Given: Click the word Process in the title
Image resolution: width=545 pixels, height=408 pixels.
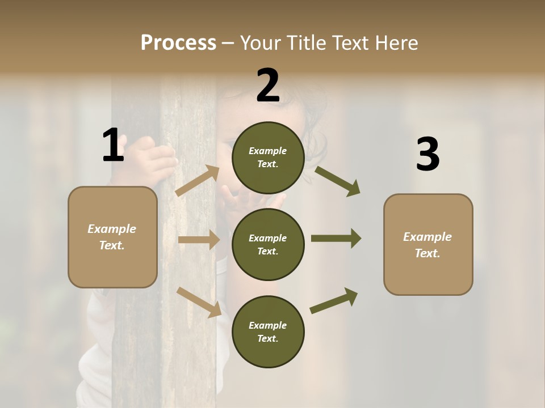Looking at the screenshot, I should point(178,43).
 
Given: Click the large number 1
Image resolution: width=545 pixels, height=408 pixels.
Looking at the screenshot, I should point(113,146).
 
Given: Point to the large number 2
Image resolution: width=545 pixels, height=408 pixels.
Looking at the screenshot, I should point(268,86).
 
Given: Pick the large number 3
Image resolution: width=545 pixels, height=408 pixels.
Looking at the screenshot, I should point(428,155).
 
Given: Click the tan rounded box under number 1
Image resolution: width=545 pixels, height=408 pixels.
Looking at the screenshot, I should point(112,237).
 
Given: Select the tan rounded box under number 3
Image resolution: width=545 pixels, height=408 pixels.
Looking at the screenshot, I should point(428,245).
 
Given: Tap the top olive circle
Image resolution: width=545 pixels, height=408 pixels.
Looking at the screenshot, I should point(268,158).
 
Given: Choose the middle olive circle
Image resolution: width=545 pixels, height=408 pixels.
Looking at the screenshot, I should point(268,244).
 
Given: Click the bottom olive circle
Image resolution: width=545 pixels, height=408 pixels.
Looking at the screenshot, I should point(268,331).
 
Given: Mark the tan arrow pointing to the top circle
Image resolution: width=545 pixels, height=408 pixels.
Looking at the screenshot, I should point(198,181).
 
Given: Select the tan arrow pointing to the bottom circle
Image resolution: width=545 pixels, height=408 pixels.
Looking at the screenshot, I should point(199,301).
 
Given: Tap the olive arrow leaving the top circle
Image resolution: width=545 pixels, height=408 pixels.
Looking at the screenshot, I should point(337,181).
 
